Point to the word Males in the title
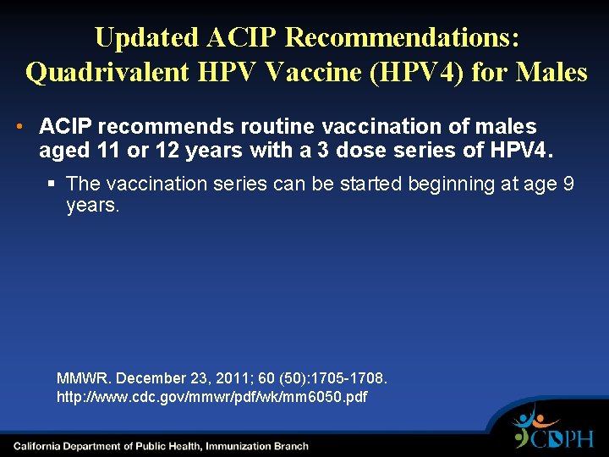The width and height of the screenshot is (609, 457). coord(550,72)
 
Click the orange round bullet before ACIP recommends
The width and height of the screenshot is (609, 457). coord(19,127)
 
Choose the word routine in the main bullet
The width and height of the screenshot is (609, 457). coord(277,127)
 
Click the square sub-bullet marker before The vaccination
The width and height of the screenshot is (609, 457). coord(53,184)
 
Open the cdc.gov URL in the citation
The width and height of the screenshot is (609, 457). coord(211,396)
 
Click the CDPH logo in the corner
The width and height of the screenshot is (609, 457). coord(554,428)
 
